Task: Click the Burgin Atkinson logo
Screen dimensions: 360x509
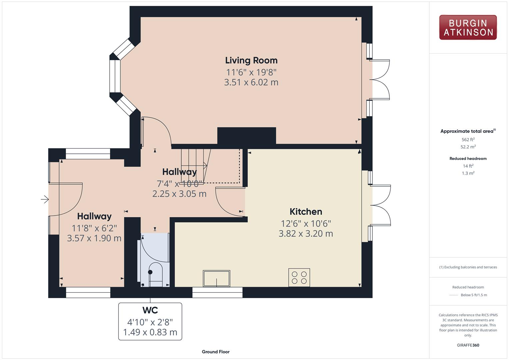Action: coord(468,27)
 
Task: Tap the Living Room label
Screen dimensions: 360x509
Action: coord(251,60)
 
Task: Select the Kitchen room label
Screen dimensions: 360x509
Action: coord(306,212)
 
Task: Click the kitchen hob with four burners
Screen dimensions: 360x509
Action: coord(299,277)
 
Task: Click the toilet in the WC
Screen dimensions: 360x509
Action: coord(155,273)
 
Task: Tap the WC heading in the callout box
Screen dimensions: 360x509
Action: coord(150,310)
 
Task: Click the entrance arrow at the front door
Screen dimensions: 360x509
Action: coord(45,200)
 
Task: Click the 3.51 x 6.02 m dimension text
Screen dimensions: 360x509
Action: coord(251,82)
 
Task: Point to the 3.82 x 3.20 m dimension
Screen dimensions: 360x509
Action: coord(306,234)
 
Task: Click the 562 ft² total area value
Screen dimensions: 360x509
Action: coord(468,140)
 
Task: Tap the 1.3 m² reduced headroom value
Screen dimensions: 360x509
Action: coord(468,173)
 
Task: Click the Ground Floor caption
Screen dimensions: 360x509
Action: coord(215,352)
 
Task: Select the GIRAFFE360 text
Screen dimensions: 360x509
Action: coord(468,345)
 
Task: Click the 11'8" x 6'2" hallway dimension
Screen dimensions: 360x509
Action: coord(94,228)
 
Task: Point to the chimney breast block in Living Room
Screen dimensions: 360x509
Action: coord(246,135)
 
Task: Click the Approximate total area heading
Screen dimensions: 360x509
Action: coord(467,131)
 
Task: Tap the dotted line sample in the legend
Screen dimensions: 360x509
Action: coord(454,295)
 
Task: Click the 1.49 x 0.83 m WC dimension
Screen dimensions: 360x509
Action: coord(150,332)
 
